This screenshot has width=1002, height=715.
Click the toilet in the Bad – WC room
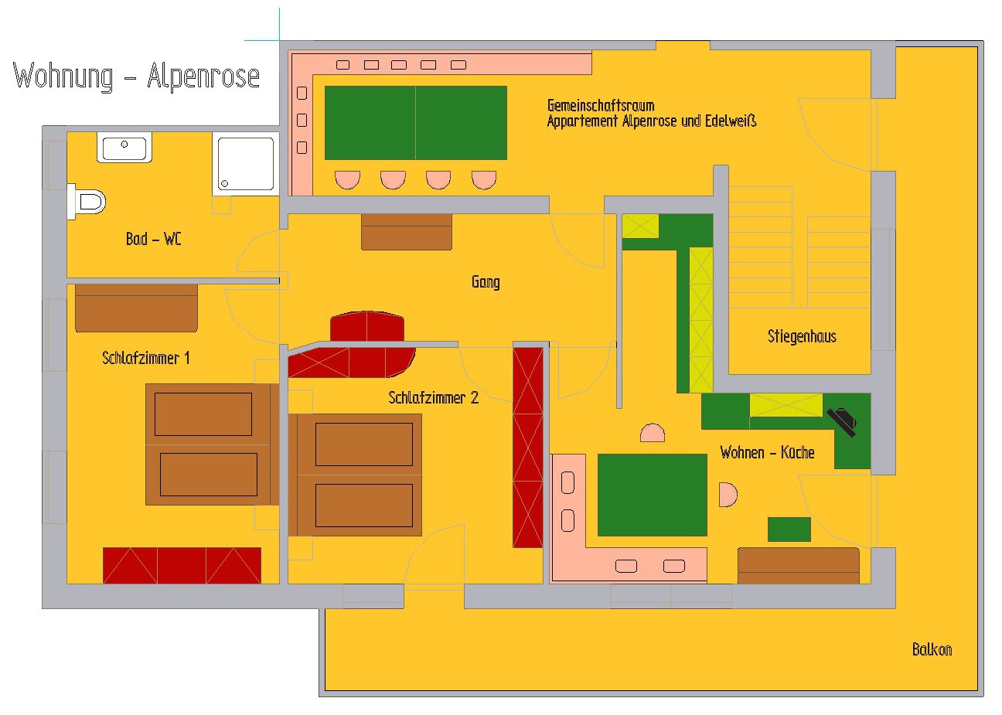[x=87, y=202]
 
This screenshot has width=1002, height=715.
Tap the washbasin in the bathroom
[x=124, y=148]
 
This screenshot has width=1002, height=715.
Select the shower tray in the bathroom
[x=246, y=164]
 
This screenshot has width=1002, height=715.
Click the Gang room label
[x=486, y=282]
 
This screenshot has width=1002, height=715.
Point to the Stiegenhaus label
[x=802, y=336]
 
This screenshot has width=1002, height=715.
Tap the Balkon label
[x=932, y=649]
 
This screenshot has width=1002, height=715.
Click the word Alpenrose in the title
[x=203, y=76]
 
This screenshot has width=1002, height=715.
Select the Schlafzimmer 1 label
[x=146, y=358]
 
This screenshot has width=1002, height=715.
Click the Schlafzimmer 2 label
[x=433, y=397]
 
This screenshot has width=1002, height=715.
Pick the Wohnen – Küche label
[x=767, y=452]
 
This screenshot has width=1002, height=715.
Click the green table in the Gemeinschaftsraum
[x=415, y=123]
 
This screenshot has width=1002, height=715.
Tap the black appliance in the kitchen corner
[x=842, y=422]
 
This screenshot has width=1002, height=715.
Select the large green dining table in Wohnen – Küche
[x=653, y=495]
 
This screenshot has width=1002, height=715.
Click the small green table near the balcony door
[x=789, y=529]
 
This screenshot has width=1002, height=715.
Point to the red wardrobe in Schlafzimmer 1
[x=182, y=566]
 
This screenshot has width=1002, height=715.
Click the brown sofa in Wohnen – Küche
[x=799, y=566]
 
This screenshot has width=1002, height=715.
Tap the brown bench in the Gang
[x=407, y=232]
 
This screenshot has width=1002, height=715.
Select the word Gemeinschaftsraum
[x=601, y=106]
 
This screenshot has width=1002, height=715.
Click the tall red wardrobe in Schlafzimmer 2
[x=528, y=448]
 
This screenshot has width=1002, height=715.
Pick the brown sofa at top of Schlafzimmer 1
[x=136, y=308]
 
